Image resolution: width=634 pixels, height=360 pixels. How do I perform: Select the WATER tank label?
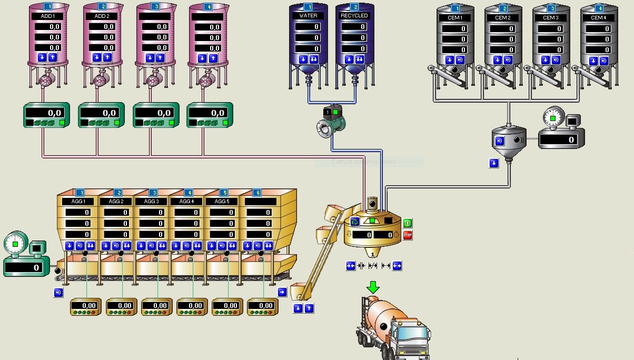click(x=308, y=16)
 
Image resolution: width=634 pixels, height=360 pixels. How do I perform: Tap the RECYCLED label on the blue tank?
click(x=354, y=16)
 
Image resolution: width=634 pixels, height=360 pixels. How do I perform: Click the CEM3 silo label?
click(x=550, y=18)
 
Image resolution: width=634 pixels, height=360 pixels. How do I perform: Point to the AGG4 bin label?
click(x=187, y=202)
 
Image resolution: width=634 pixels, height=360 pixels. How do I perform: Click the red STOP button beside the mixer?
click(x=408, y=235)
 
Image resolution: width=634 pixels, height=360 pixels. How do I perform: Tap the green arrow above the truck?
click(x=373, y=287)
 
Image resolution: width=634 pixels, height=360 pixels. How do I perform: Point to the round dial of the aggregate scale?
click(x=15, y=244)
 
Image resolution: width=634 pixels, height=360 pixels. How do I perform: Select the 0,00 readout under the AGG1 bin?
click(x=85, y=306)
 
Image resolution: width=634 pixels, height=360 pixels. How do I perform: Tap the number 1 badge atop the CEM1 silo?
click(x=455, y=8)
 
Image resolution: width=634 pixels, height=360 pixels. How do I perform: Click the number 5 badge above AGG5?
click(x=224, y=193)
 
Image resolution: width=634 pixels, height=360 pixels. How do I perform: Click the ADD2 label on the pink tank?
click(x=102, y=16)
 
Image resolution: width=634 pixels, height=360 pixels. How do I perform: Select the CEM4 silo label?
click(x=598, y=18)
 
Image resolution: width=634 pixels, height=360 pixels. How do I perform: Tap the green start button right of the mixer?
click(x=408, y=223)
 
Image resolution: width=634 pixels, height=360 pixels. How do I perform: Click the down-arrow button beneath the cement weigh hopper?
click(x=493, y=163)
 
